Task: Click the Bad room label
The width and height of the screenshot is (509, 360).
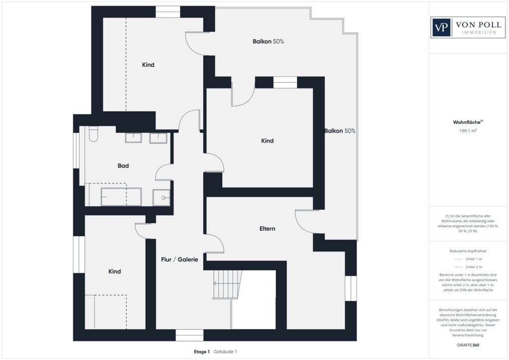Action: [123, 166]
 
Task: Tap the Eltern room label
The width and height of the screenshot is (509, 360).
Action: [267, 229]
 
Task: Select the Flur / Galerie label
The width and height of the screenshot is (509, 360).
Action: [179, 260]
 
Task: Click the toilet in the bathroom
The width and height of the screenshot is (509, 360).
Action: [93, 134]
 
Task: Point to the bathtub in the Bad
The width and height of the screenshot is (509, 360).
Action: [121, 196]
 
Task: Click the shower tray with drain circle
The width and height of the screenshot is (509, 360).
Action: [162, 197]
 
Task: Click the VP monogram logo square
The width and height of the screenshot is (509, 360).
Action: [441, 27]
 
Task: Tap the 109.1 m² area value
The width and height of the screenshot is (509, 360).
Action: [468, 131]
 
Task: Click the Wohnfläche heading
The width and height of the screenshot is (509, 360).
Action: [468, 122]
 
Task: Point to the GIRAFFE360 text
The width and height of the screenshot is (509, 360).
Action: [468, 345]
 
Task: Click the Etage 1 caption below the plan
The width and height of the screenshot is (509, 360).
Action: [202, 352]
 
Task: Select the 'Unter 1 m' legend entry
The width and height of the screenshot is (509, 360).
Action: [468, 259]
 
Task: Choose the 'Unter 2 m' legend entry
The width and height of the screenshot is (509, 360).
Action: [468, 267]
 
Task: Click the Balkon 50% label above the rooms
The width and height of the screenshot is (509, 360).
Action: [268, 42]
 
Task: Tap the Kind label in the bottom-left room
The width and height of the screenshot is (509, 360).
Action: [115, 271]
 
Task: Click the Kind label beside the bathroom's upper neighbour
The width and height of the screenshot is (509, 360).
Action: [148, 65]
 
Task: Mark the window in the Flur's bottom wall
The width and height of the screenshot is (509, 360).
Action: [189, 335]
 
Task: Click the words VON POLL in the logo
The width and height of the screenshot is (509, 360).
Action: [479, 25]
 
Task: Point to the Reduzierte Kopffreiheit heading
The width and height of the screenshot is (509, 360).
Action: [468, 251]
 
